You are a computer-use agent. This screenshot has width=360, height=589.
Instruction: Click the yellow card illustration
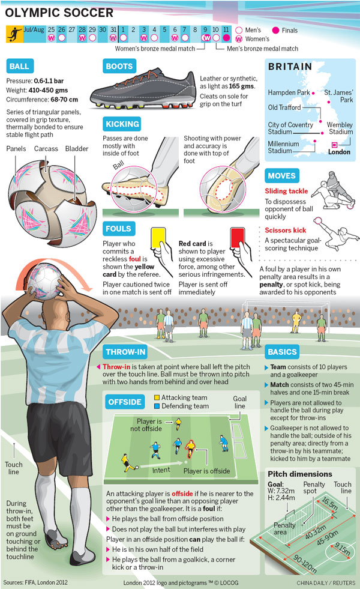[158, 238]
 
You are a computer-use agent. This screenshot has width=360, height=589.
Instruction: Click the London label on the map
[340, 152]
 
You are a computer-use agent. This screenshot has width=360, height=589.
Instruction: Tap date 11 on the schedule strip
[226, 29]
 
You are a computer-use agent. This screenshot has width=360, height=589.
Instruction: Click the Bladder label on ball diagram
[78, 148]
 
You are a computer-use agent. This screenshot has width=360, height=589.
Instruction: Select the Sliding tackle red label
[286, 192]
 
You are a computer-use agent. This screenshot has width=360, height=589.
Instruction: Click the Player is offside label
[206, 471]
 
